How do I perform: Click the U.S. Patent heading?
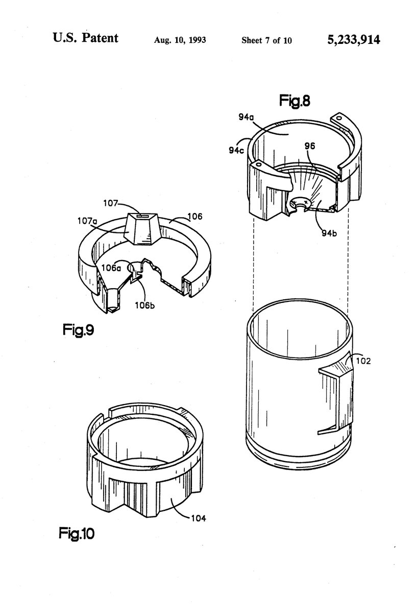(85, 38)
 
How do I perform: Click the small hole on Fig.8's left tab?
(258, 166)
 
